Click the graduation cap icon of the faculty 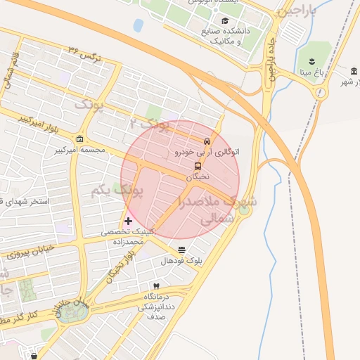225,21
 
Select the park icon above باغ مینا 310,57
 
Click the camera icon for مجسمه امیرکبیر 79,139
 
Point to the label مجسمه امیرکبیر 79,150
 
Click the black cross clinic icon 128,221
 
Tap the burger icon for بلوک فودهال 183,249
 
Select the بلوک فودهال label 182,261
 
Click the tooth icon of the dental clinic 156,286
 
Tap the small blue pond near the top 138,25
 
